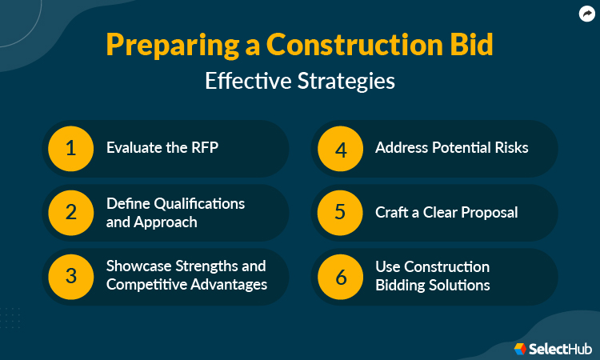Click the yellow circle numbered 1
tap(70, 148)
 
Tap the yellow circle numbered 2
tap(70, 213)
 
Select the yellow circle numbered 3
tap(70, 276)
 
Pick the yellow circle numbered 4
tap(339, 148)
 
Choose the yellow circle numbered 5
tap(339, 213)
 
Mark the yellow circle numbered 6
tap(339, 276)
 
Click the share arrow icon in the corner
tap(586, 14)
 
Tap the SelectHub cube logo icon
tap(520, 348)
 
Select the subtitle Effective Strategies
tap(300, 82)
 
